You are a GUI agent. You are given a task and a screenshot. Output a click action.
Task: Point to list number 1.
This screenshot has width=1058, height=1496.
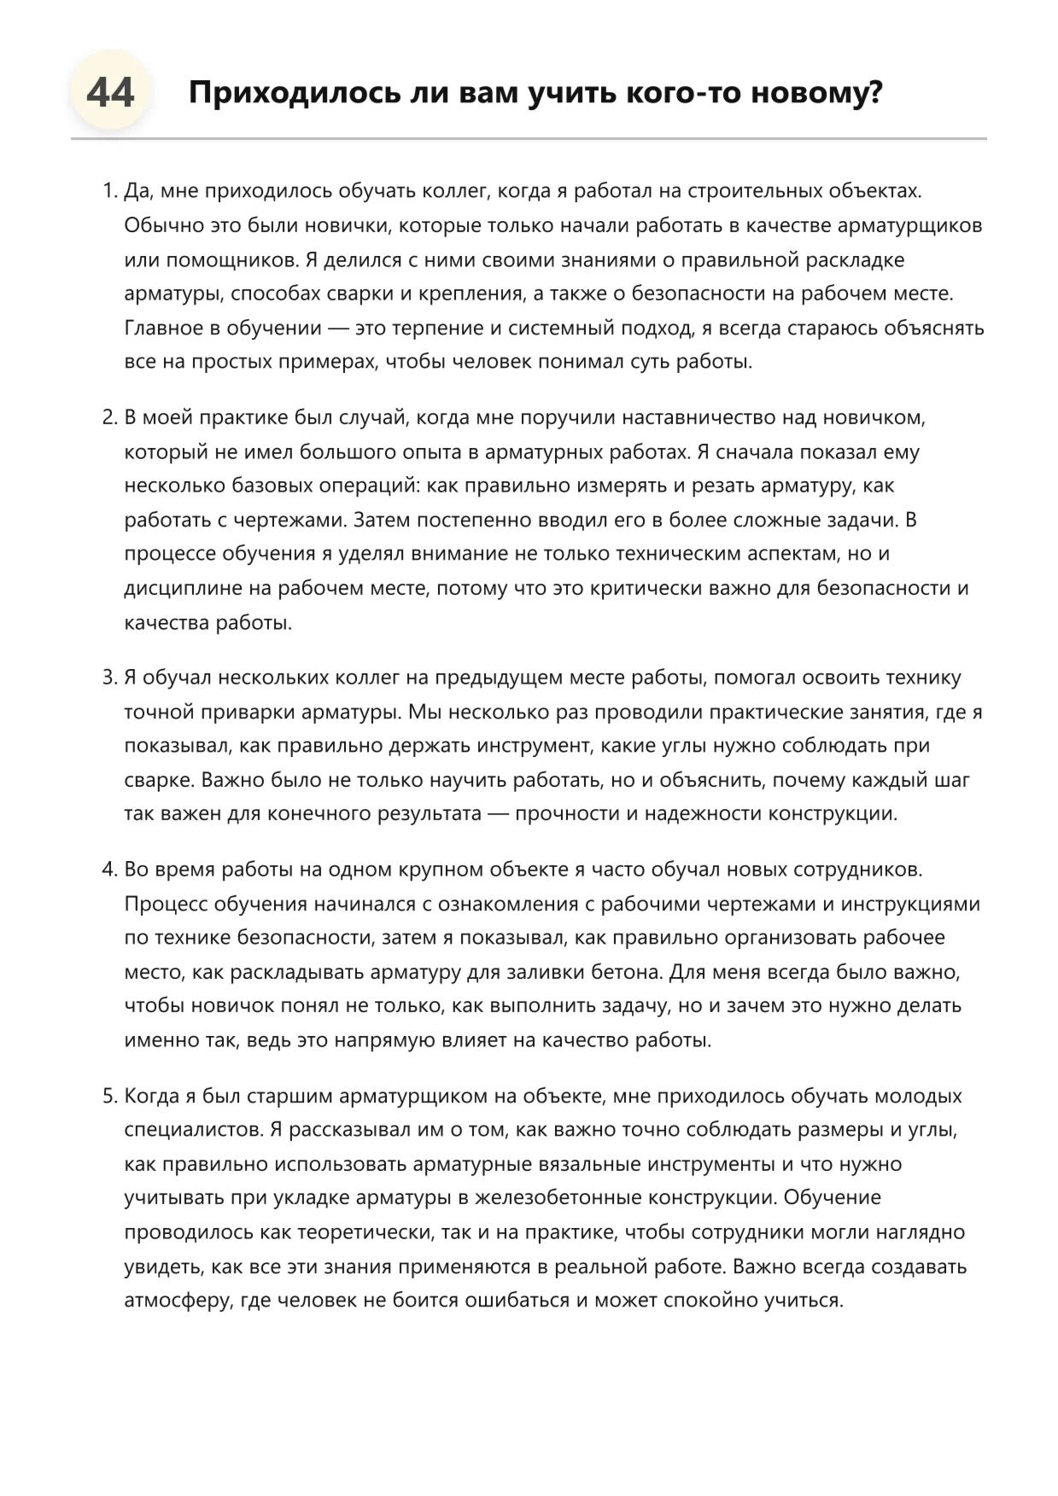coord(109,191)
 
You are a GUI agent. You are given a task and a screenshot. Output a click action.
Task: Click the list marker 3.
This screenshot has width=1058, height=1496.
coord(109,678)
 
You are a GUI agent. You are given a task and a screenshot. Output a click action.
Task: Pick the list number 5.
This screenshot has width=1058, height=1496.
coord(109,1096)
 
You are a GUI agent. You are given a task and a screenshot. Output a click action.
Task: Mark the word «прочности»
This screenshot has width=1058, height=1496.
coord(567,813)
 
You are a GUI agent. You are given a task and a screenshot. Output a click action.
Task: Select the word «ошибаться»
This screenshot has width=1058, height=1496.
coord(512,1301)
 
